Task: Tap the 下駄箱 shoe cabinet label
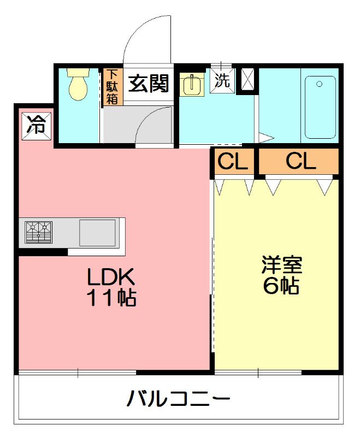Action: click(113, 86)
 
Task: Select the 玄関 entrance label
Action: click(148, 84)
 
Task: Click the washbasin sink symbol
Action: click(191, 84)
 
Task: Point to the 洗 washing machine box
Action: click(222, 81)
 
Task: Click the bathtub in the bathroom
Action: click(320, 107)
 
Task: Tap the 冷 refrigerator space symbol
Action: click(36, 126)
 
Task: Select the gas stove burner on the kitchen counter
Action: click(38, 232)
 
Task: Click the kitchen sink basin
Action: click(97, 233)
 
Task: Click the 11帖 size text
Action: click(111, 298)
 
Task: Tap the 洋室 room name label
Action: click(281, 265)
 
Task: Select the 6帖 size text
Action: click(281, 286)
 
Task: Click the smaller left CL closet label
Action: click(233, 161)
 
